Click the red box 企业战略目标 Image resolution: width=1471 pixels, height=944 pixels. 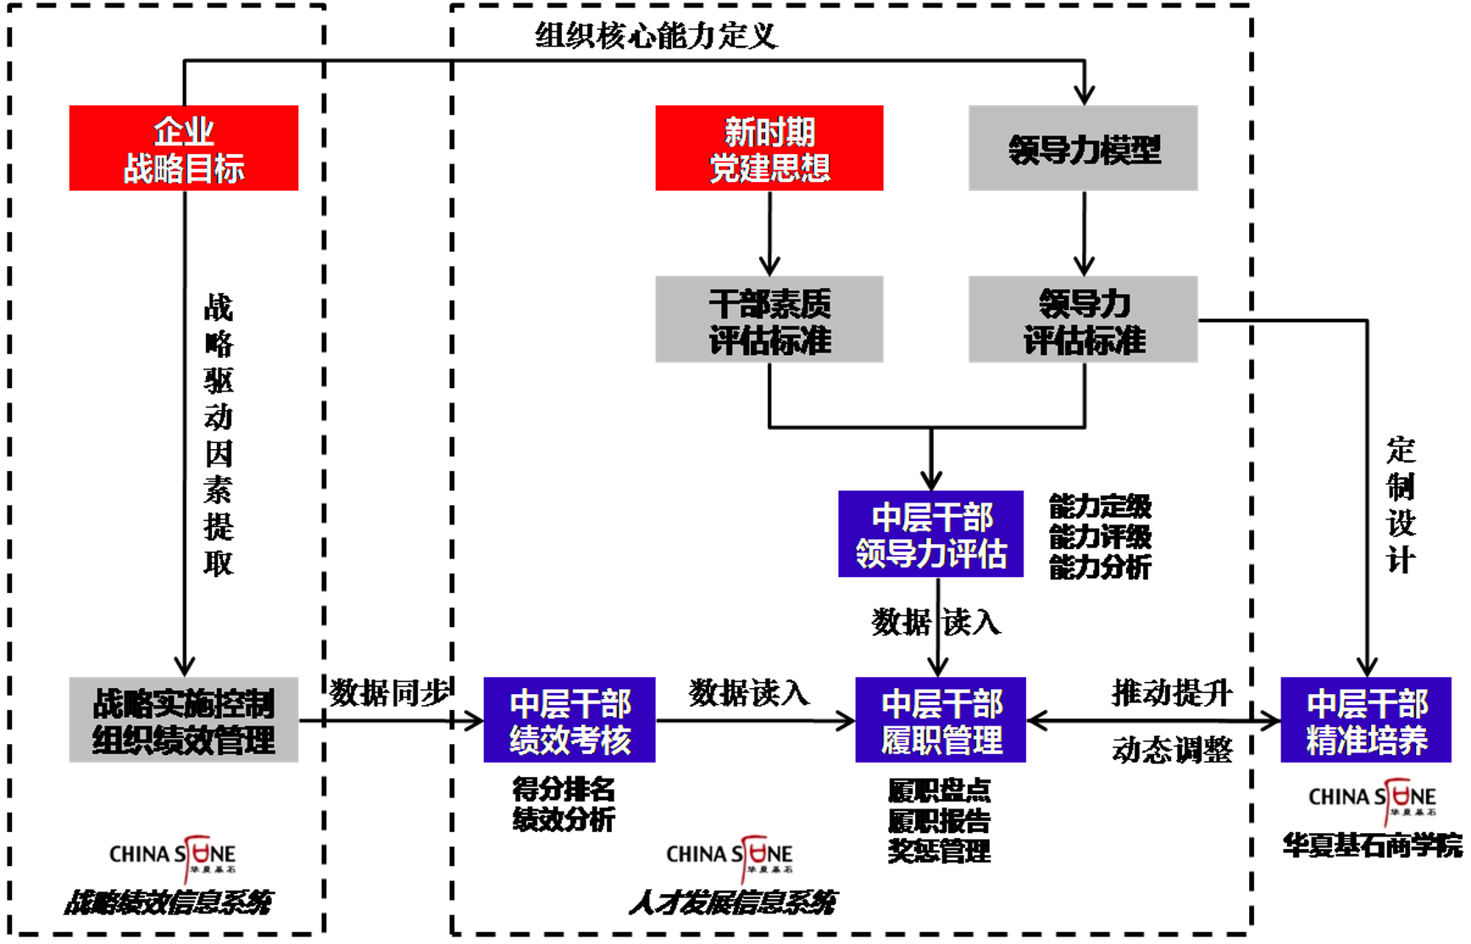[x=183, y=148]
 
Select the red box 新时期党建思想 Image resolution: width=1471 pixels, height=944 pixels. [x=769, y=148]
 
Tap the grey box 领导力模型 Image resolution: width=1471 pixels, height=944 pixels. [x=1083, y=148]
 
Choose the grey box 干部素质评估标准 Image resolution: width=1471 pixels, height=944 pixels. [x=769, y=319]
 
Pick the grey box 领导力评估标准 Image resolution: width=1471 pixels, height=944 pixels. [x=1083, y=319]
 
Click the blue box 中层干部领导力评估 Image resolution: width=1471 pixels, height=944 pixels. [x=930, y=534]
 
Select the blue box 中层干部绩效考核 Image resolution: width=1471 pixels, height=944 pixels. [x=569, y=720]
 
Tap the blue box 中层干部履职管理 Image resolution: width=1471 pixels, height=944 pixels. [x=941, y=720]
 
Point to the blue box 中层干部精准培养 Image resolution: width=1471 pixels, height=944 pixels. [x=1366, y=720]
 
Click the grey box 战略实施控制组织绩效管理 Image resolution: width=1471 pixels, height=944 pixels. [x=183, y=720]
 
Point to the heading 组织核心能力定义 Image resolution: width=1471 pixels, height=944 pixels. [x=656, y=36]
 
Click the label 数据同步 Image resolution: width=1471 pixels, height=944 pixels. [x=389, y=693]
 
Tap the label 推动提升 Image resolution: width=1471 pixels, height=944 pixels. [x=1172, y=693]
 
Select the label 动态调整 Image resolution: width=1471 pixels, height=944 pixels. [x=1172, y=749]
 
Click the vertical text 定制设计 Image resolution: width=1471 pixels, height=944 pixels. [x=1400, y=504]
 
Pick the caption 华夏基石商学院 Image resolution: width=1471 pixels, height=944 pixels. [x=1373, y=846]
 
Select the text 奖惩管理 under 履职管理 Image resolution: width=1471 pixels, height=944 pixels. [x=939, y=851]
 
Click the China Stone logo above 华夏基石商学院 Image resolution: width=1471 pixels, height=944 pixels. [x=1373, y=798]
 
